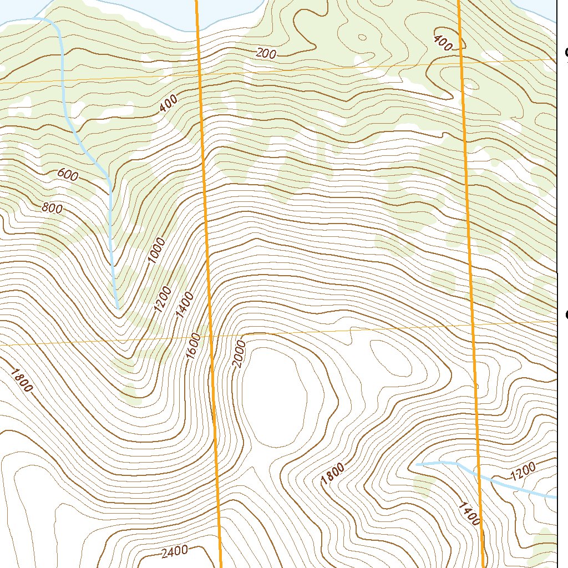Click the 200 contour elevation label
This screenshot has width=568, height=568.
pos(266,53)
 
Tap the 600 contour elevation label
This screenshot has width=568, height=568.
pos(68,175)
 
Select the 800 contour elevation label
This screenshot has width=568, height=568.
pos(52,209)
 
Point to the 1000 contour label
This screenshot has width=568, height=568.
pos(157,250)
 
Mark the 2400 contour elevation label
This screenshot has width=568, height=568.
pos(175,551)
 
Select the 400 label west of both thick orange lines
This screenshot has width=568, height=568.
pos(169,103)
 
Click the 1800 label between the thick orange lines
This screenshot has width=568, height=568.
pos(333,473)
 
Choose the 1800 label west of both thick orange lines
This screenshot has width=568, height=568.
pos(21,380)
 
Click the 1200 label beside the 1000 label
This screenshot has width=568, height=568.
pos(163,300)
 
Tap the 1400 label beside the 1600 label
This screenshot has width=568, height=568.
pos(184,306)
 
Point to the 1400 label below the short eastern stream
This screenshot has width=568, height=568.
pos(469,513)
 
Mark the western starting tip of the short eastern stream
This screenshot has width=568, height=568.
pos(417,464)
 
